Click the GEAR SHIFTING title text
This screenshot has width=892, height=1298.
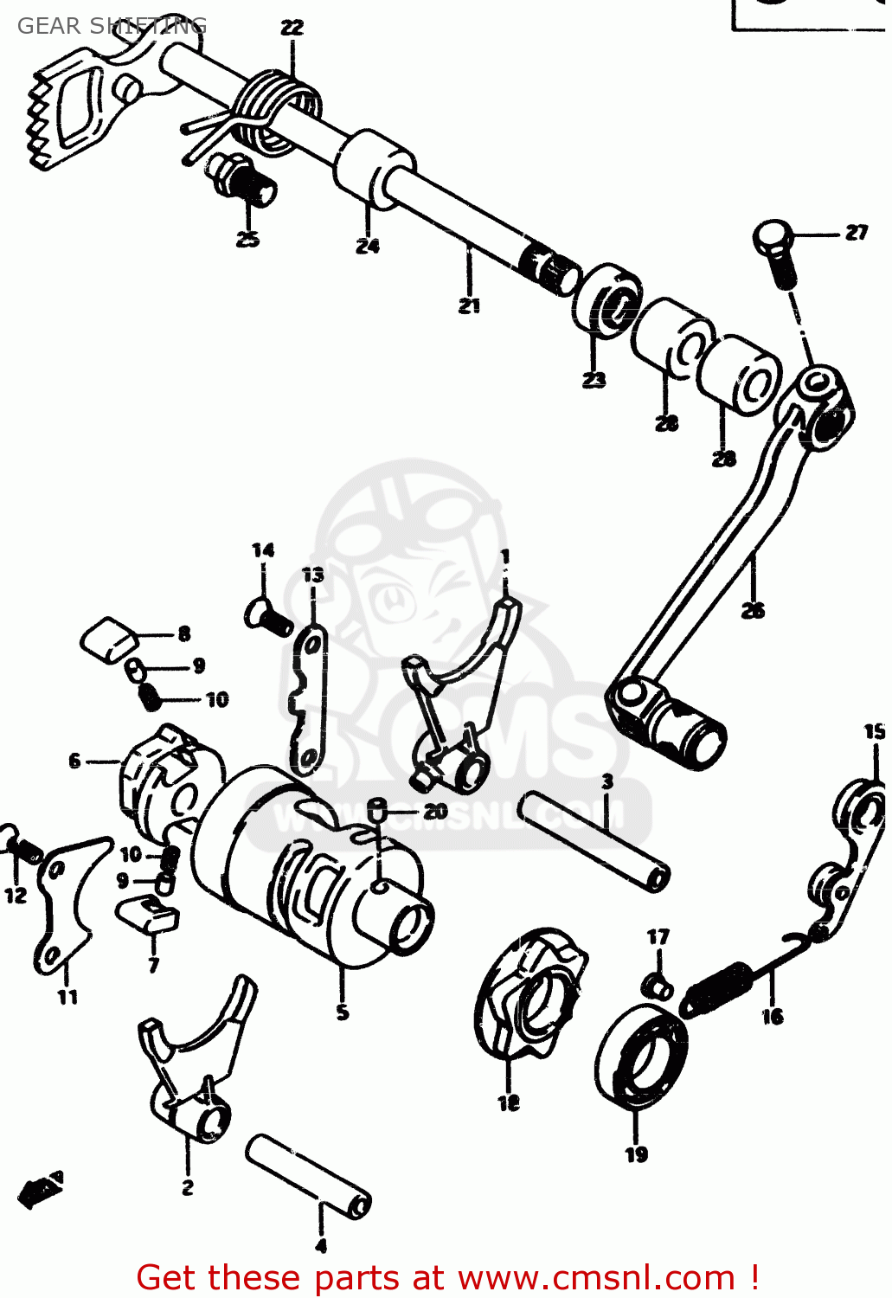coord(112,26)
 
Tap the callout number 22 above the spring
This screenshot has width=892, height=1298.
coord(292,28)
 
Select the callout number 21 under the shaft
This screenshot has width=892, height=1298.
coord(469,305)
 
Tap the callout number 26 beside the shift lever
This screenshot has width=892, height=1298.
coord(753,610)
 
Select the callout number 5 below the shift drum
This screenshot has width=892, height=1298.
coord(343,1012)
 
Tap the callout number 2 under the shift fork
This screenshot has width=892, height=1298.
coord(188,1187)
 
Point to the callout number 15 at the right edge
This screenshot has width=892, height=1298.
coord(875,732)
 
